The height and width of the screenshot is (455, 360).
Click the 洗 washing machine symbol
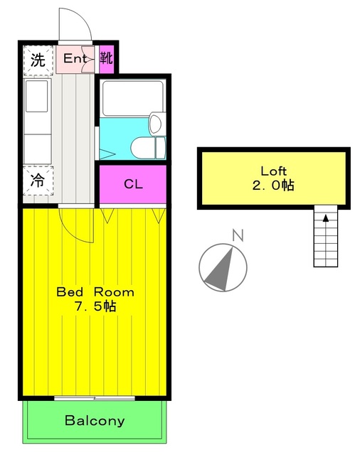pos(36,60)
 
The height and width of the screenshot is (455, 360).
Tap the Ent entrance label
pos(75,59)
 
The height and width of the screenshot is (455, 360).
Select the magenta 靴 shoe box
pos(106,59)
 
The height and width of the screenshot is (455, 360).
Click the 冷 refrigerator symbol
pos(36,181)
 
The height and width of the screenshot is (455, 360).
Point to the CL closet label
pos(133,185)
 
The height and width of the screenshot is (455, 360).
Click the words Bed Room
pos(95,292)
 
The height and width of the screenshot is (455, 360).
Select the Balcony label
pos(95,420)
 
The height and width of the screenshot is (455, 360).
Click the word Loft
pos(273,171)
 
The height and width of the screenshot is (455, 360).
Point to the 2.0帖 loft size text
pos(274,186)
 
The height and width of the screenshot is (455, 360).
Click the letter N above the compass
pos(238,235)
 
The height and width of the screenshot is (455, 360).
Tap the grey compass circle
pos(223,267)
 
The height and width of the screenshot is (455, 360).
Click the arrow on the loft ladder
pos(326,218)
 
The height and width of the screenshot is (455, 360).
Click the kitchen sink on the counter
pos(36,96)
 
